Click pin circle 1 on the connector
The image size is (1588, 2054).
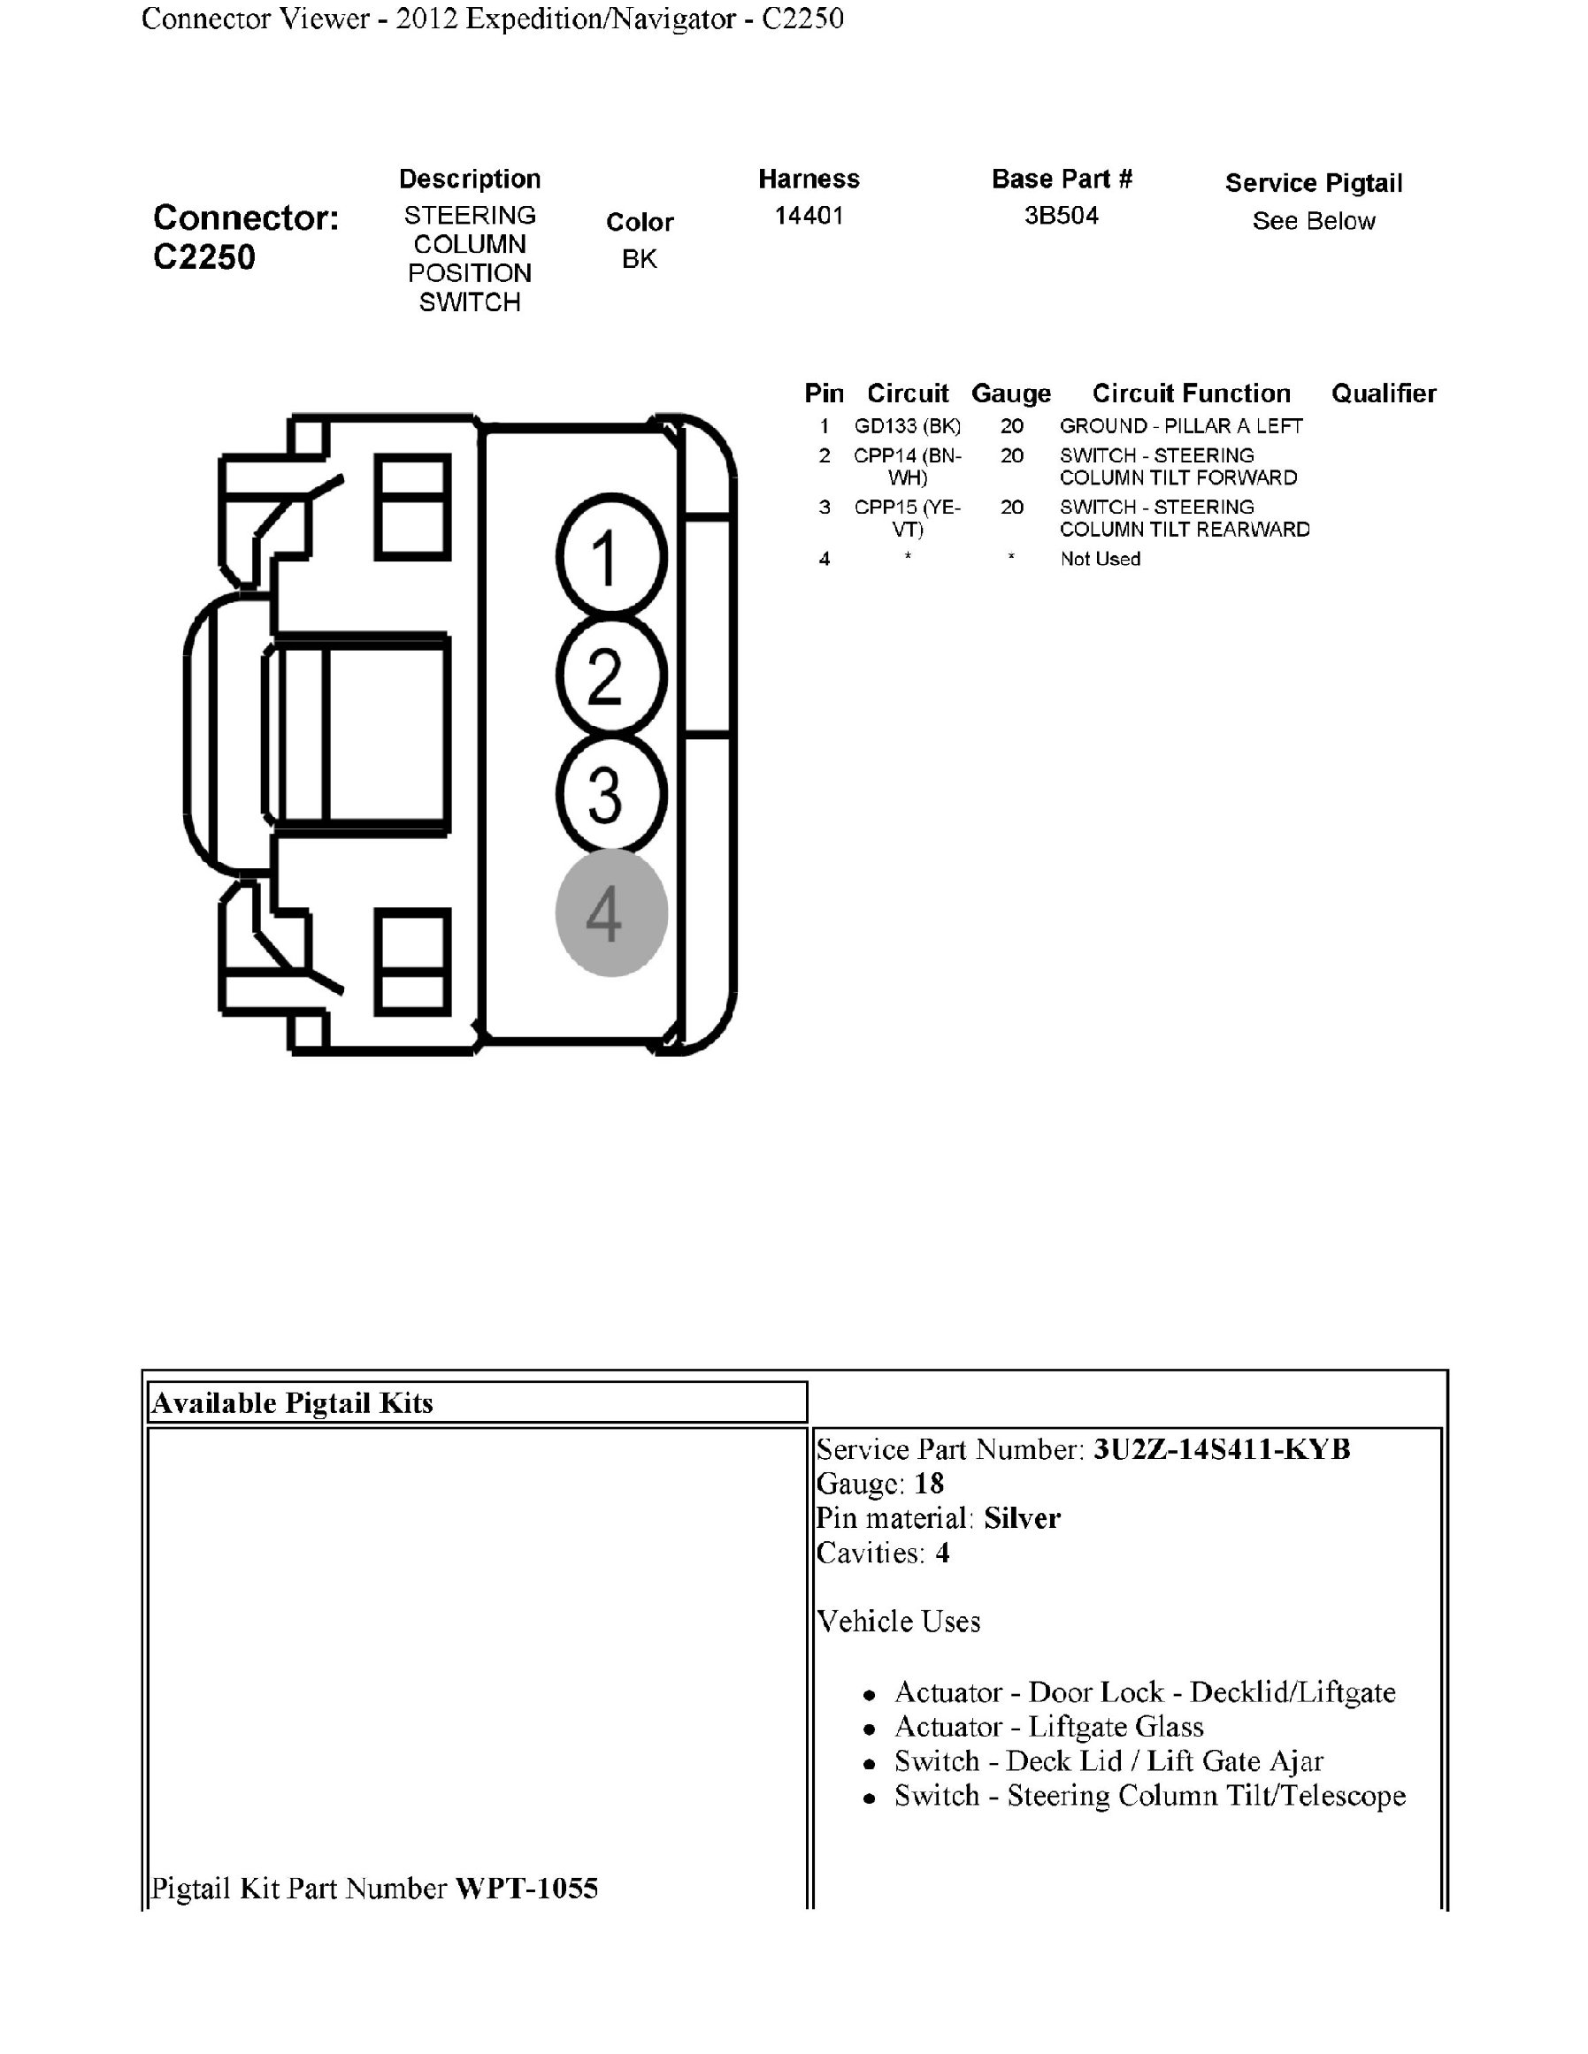pos(611,557)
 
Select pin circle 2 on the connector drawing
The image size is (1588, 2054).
pos(611,676)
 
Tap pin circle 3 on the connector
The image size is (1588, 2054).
pos(611,794)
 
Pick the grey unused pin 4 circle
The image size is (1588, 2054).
pos(611,912)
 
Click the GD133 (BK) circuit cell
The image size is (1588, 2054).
pos(907,426)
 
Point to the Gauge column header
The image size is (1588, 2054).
pos(1010,393)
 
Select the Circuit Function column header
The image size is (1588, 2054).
pos(1191,393)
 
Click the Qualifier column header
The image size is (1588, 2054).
pos(1383,393)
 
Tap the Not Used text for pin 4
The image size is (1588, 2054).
pos(1100,559)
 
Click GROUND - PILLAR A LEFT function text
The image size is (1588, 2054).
pos(1181,426)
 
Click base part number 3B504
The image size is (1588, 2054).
pos(1062,216)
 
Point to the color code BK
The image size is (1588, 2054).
pos(640,259)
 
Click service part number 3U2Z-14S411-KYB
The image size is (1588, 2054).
pos(1221,1449)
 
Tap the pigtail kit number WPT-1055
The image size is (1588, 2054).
pos(526,1888)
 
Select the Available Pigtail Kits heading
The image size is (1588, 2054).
pos(293,1403)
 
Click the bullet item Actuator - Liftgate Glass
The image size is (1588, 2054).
pos(1049,1727)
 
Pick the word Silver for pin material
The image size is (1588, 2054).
pos(1022,1518)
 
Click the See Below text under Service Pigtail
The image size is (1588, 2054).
pos(1313,221)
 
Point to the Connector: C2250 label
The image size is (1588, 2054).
pos(246,237)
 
